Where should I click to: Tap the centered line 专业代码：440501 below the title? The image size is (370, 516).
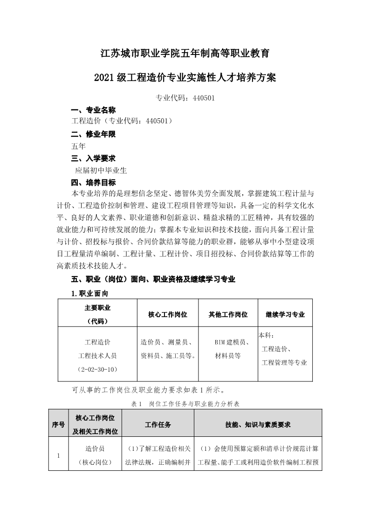tap(185, 98)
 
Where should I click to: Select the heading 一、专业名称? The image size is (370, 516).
tap(93, 110)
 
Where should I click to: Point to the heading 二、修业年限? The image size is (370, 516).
tap(93, 135)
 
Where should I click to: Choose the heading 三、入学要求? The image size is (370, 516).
tap(93, 158)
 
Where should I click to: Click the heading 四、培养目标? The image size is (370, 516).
tap(93, 182)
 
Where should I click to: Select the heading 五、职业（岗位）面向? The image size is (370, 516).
tap(153, 279)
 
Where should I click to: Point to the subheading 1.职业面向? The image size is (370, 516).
tap(89, 293)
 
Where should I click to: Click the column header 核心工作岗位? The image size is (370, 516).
tap(168, 314)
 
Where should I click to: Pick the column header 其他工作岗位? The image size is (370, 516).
tap(228, 314)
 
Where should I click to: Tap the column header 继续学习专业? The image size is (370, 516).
tap(285, 314)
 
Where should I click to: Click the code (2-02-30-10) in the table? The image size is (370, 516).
tap(97, 369)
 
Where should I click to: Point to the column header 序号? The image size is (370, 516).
tap(58, 425)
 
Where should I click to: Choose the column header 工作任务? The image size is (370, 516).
tap(158, 425)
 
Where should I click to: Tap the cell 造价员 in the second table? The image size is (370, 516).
tap(95, 448)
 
